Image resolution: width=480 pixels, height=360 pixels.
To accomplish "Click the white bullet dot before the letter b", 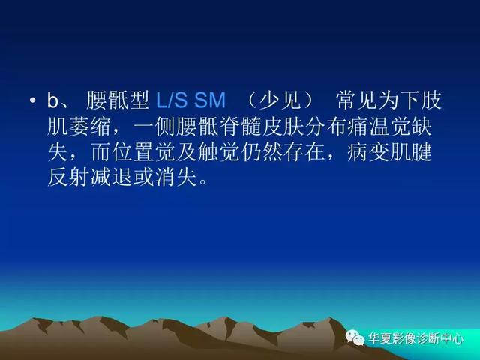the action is (33, 100).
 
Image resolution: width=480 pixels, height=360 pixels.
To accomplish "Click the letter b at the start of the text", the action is (52, 100).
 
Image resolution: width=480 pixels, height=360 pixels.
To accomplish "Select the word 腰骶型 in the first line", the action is (118, 100).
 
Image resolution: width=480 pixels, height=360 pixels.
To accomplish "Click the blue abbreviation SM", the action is (210, 100).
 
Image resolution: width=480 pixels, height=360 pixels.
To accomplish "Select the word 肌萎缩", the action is (79, 126).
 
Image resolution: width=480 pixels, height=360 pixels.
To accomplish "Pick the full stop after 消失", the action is (203, 182).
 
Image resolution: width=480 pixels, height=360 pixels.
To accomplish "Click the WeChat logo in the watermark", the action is (355, 337).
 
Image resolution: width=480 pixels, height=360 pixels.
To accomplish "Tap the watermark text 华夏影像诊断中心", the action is (415, 338).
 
